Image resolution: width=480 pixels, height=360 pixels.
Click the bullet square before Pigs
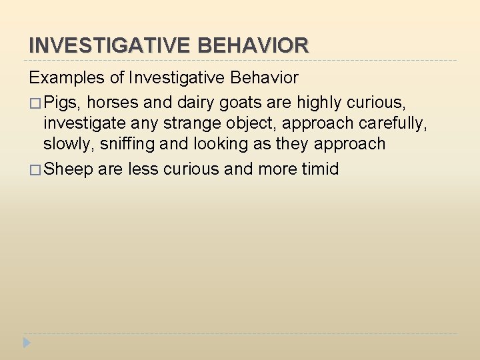[x=35, y=103]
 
